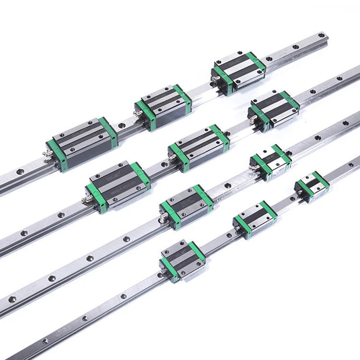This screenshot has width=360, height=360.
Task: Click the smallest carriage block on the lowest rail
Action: tap(312, 182)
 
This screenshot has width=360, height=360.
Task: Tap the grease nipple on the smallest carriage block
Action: tap(298, 192)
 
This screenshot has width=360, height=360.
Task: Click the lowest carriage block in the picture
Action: tap(182, 260)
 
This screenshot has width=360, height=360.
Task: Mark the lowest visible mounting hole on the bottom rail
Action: tap(45, 341)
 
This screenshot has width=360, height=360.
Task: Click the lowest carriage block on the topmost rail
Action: tap(82, 143)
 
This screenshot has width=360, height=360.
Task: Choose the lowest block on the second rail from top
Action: tap(118, 183)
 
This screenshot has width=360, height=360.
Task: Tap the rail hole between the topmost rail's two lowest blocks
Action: tap(121, 127)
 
